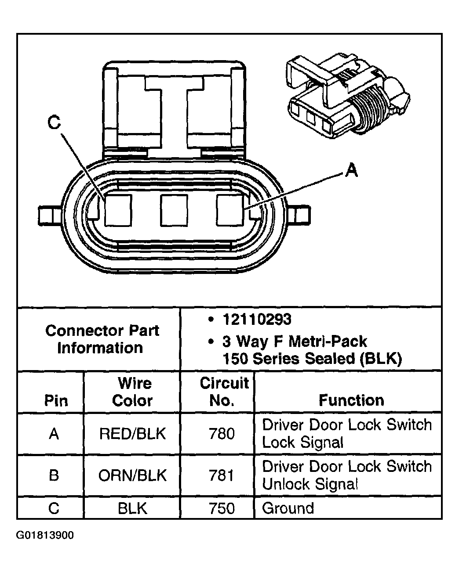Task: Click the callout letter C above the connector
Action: click(54, 123)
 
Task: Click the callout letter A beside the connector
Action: click(350, 170)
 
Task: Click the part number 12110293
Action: click(257, 320)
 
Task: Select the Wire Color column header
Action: click(133, 392)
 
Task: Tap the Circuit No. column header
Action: click(224, 392)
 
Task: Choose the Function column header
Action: click(351, 400)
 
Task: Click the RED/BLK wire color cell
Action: click(133, 434)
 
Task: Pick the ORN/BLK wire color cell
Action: click(133, 475)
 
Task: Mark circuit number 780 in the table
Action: click(222, 434)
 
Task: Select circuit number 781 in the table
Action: click(222, 475)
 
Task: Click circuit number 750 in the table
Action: click(222, 508)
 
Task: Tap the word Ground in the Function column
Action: click(288, 508)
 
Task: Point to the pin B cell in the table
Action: click(54, 475)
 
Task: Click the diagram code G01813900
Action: click(45, 536)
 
